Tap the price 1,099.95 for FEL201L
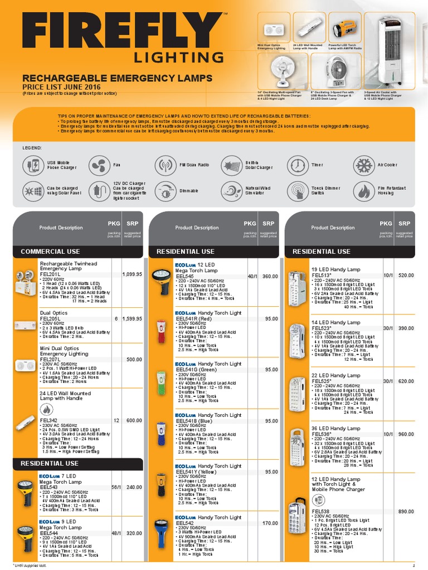(x=132, y=274)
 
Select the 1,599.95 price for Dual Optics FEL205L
(x=132, y=318)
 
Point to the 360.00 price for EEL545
(x=270, y=276)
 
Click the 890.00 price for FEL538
(x=406, y=512)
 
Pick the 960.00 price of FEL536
(x=406, y=434)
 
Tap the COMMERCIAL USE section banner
(x=51, y=252)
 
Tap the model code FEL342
(x=48, y=420)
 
